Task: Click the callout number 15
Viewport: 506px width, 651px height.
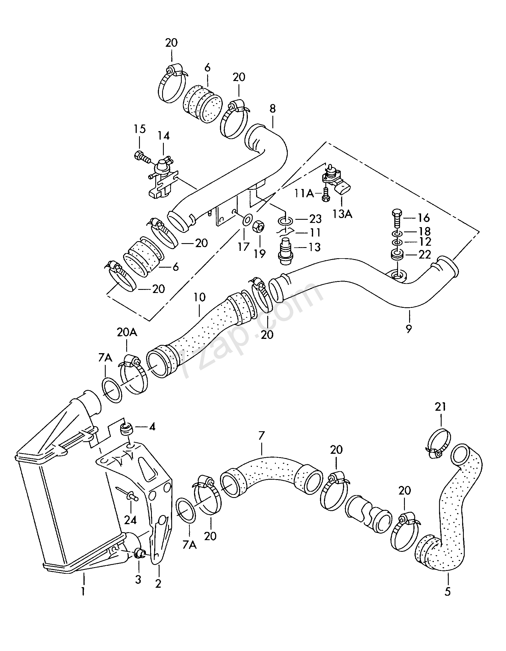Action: click(139, 129)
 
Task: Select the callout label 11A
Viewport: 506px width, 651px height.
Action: click(304, 194)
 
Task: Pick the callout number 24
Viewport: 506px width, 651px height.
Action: click(130, 520)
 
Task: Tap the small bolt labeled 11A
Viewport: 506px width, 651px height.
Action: click(325, 195)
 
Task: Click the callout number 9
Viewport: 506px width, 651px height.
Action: click(409, 329)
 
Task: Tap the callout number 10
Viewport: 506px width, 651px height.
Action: click(199, 297)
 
